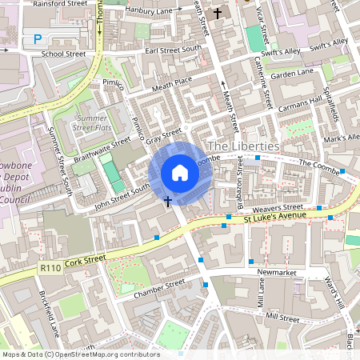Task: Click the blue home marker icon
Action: [180, 172]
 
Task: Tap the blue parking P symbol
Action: [38, 38]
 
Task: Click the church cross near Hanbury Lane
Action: [218, 14]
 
